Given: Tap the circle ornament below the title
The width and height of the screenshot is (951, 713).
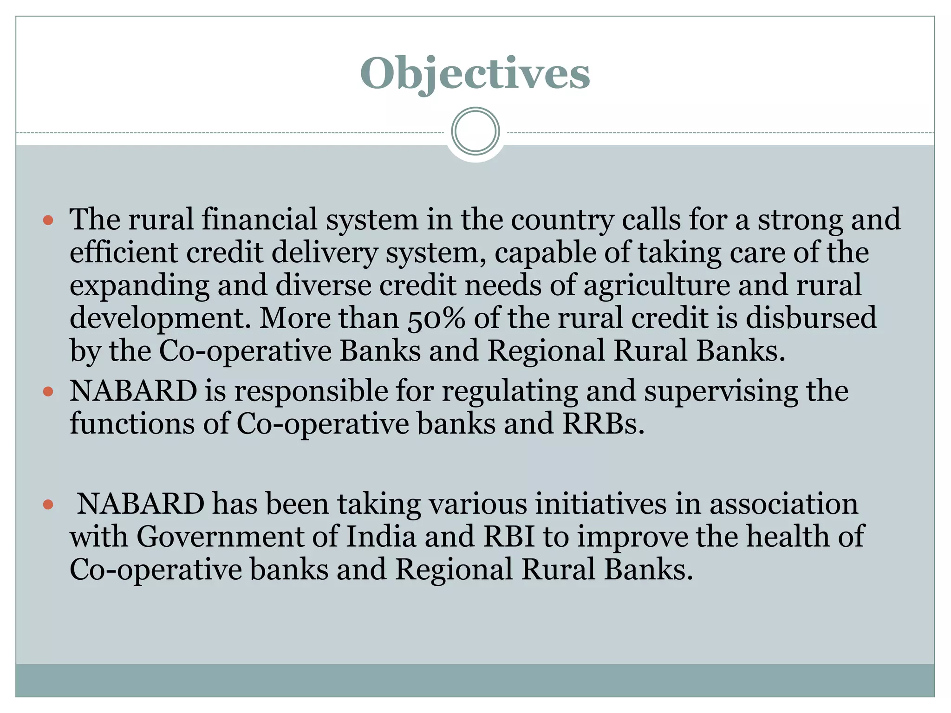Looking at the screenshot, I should (x=475, y=131).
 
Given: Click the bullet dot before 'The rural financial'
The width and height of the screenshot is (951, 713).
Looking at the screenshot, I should (x=48, y=220).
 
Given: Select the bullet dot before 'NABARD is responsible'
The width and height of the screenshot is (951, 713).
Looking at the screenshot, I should (x=48, y=392).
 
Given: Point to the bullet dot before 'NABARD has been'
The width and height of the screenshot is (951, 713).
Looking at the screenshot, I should (x=48, y=505).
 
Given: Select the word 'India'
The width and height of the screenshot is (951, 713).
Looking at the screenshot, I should (x=381, y=537).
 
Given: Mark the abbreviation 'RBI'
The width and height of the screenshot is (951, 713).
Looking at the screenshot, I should (x=508, y=537).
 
